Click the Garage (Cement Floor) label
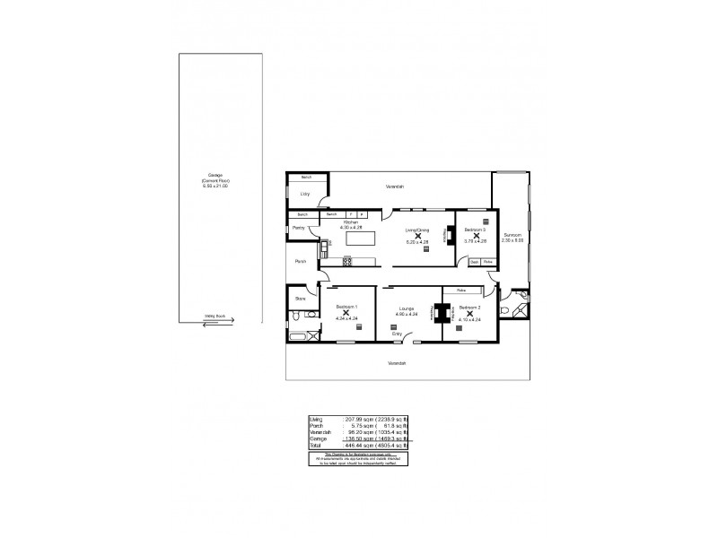(x=215, y=180)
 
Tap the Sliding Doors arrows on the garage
(x=214, y=323)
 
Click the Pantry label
(x=299, y=229)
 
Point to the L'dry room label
(x=305, y=194)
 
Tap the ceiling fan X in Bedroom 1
(x=346, y=313)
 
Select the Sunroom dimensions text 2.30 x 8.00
(x=512, y=242)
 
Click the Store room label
(x=301, y=298)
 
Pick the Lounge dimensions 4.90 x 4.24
(x=407, y=314)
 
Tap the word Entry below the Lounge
(x=397, y=334)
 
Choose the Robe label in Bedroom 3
(x=488, y=262)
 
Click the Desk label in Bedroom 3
(x=475, y=262)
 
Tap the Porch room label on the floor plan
(x=301, y=261)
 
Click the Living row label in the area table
(x=315, y=418)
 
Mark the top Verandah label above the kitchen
(x=395, y=187)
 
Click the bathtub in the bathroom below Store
(x=299, y=337)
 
